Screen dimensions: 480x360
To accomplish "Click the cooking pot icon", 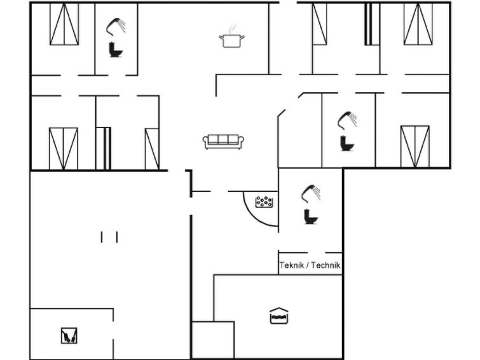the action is [x=231, y=41].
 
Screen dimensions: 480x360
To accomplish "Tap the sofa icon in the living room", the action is [x=223, y=142].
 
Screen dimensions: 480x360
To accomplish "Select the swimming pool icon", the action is [x=279, y=316].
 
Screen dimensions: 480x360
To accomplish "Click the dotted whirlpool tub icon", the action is [x=264, y=202].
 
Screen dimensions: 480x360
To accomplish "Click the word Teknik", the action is [x=291, y=265].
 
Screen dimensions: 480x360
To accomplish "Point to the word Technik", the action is [x=326, y=265].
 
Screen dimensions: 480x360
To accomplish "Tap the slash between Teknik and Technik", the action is [x=307, y=265].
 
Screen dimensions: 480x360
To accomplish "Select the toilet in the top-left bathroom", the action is [x=116, y=50].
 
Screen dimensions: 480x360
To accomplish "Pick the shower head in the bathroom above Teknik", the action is [x=311, y=193].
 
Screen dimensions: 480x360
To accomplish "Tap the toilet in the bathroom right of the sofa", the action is [x=347, y=143].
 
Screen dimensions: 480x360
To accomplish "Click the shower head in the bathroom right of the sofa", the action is [x=347, y=120].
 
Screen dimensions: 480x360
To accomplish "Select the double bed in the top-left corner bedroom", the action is [x=64, y=24].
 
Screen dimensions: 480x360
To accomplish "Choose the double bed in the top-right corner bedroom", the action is [x=418, y=24].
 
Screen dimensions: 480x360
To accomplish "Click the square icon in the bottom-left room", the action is [x=69, y=335].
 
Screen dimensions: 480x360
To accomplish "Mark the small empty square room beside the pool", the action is [x=213, y=340].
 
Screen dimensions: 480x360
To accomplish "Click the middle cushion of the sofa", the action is [x=223, y=139].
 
